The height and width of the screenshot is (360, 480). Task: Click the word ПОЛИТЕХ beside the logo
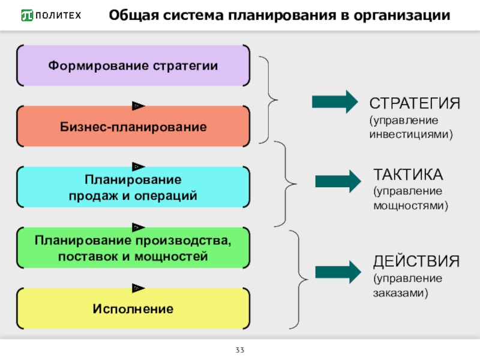coord(58,16)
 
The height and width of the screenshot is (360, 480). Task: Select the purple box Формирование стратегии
coord(133,65)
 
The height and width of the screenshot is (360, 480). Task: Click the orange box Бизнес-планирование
coord(133,127)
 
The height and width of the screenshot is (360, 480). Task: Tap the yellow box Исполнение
coord(133,309)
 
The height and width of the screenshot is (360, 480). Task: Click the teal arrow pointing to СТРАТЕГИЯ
coord(334,102)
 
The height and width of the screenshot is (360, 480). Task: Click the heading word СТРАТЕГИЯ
coord(415,103)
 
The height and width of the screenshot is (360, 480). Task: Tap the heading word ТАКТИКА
coord(408,175)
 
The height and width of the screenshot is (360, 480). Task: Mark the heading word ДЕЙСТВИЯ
coord(416,262)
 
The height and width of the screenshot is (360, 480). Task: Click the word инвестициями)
coord(410,134)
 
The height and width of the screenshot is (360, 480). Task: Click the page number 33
coord(239,350)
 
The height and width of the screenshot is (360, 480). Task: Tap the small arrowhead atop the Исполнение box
coord(139,288)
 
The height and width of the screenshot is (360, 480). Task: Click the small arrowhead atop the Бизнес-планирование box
coord(139,106)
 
